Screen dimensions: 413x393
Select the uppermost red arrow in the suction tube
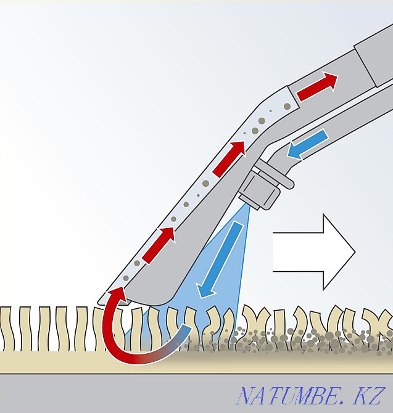pos(317,87)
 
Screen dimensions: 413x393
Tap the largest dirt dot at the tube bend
pos(262,121)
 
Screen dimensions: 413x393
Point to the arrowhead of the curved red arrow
pos(117,295)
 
